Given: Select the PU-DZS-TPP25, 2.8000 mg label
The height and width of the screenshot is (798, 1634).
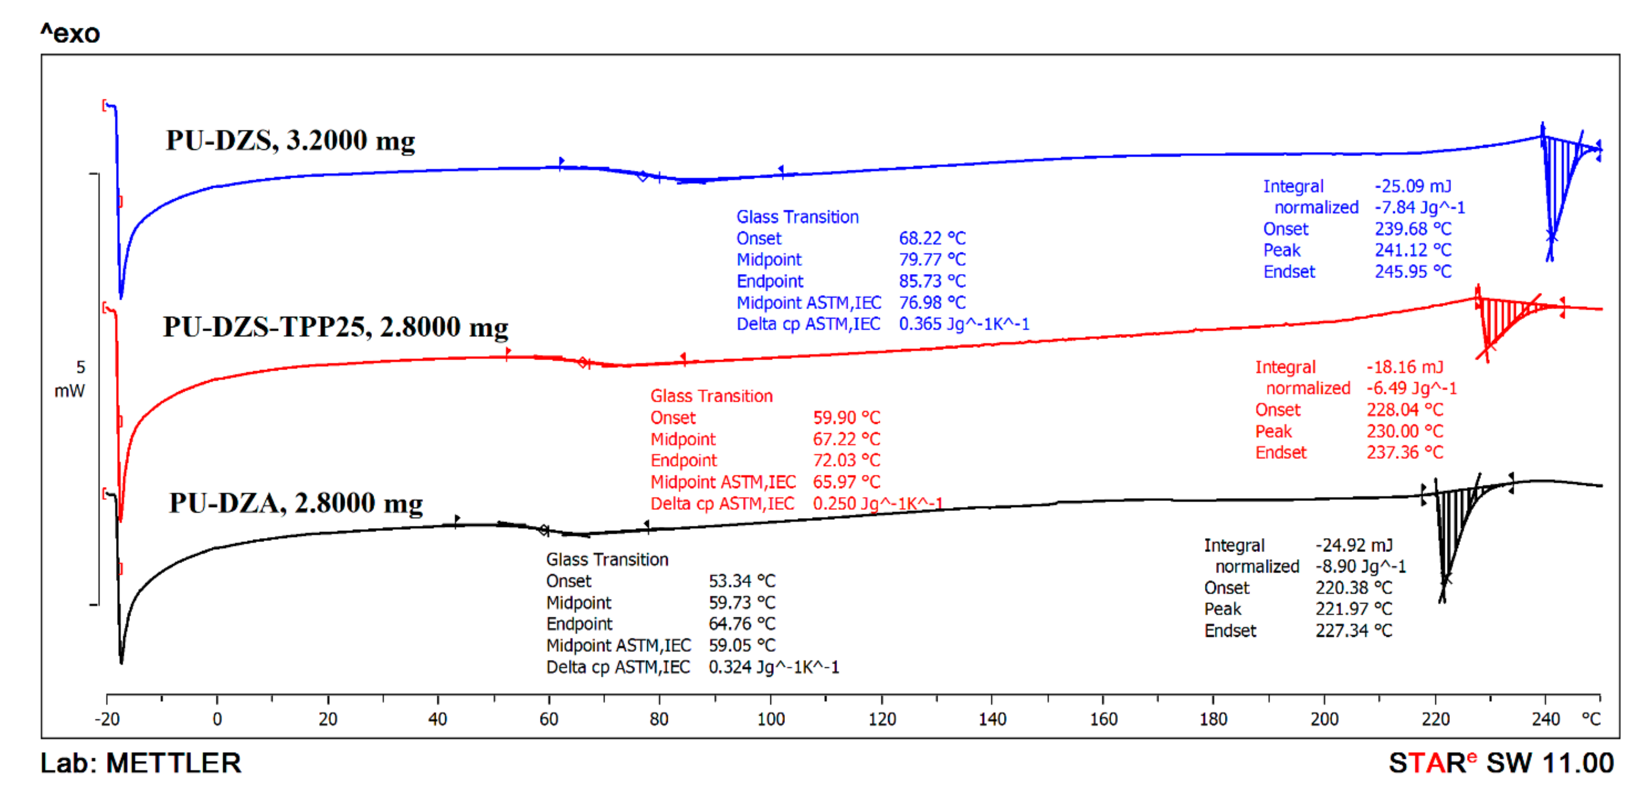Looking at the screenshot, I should [335, 327].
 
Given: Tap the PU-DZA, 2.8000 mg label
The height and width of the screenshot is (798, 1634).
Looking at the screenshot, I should [296, 504].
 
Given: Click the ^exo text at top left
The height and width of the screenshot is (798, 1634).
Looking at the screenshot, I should [70, 33].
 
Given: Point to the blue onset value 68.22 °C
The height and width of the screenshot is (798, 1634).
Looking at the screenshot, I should [932, 238].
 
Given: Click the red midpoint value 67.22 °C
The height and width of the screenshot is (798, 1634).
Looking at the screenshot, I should [846, 439].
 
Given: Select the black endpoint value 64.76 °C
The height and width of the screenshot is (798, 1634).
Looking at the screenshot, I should [742, 624].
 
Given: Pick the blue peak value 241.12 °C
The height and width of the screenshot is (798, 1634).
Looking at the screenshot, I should [1413, 250].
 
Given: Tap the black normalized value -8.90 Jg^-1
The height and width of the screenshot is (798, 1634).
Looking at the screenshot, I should [1360, 566].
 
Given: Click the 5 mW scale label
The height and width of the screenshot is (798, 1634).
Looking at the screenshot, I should [70, 379].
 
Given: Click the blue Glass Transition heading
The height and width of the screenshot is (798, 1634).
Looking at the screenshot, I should [797, 217].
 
